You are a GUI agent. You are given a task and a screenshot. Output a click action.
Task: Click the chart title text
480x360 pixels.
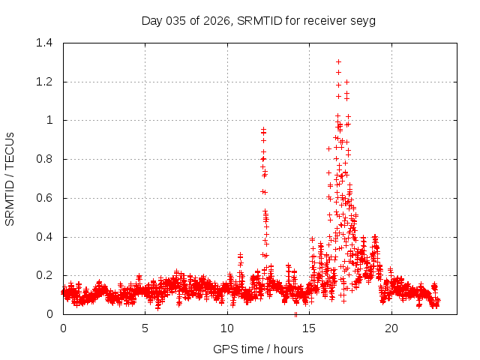(258, 20)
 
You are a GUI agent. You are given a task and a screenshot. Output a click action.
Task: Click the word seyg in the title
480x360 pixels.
(363, 20)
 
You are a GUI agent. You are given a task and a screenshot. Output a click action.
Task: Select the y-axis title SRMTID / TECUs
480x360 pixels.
(10, 178)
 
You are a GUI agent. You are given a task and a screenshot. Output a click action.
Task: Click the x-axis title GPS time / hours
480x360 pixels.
(258, 349)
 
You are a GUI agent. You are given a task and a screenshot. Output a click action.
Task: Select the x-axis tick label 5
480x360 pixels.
(145, 328)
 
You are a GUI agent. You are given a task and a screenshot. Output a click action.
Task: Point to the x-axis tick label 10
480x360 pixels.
(227, 328)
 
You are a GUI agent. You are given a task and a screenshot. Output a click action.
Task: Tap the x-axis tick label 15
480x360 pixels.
(310, 328)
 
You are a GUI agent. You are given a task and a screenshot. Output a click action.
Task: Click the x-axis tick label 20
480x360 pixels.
(391, 328)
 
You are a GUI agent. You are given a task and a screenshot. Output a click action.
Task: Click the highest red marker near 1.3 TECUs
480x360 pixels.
(338, 62)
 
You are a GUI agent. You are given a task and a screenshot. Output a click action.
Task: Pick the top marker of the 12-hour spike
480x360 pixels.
(263, 130)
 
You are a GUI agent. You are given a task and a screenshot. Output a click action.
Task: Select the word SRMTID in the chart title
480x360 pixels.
(258, 20)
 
